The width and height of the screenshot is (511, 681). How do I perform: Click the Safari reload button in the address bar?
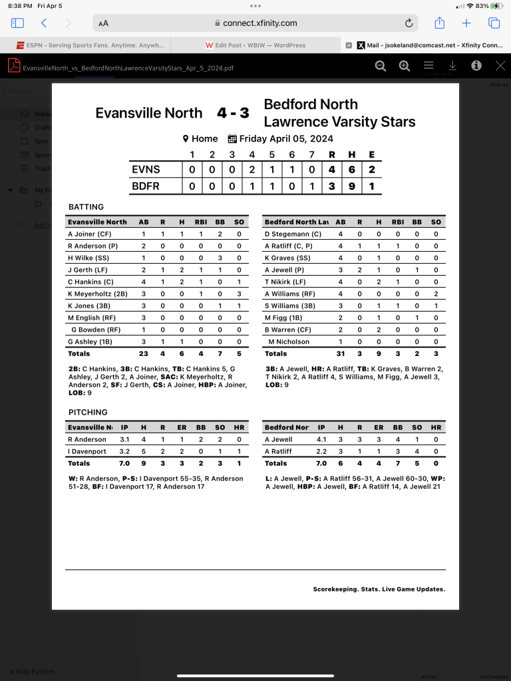[409, 23]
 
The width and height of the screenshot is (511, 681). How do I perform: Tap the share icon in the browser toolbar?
[439, 23]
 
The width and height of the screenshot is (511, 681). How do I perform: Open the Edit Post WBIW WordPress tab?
[256, 45]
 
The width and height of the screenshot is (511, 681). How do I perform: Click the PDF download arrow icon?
[452, 66]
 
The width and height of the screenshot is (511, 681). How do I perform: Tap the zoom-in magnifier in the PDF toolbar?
[404, 66]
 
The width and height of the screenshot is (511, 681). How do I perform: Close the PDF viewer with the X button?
[500, 66]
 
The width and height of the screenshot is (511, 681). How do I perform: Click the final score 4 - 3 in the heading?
[233, 113]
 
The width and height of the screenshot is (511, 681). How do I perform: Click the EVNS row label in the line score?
[146, 169]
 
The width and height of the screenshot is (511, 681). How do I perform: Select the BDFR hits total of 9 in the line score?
[351, 186]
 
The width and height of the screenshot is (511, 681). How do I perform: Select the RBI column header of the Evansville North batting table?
[201, 222]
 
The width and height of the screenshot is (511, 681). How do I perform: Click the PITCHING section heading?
[88, 412]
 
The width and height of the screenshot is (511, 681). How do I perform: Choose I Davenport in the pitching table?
[87, 451]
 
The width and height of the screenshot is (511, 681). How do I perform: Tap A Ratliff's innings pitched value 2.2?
[321, 451]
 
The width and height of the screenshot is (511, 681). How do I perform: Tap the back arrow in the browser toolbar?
[44, 23]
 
